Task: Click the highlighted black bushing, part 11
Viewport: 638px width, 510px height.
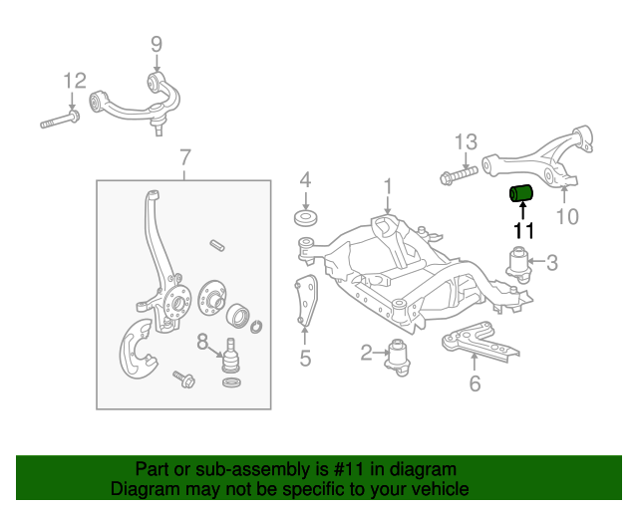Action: pos(522,191)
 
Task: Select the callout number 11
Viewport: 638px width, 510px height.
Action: pos(523,232)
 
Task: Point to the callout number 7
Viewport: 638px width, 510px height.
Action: pos(184,156)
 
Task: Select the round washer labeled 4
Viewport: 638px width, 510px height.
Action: pos(305,218)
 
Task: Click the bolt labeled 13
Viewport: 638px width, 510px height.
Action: pos(456,179)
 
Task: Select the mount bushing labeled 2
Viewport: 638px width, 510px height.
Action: pos(400,355)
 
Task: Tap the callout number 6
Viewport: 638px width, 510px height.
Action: pos(475,382)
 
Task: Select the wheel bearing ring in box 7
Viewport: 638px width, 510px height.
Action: pos(240,318)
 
